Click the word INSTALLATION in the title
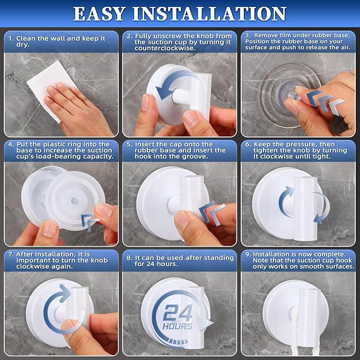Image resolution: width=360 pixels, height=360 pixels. coord(215,13)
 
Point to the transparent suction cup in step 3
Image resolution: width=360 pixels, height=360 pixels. coord(281,85)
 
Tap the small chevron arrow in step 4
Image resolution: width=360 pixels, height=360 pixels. coord(87,218)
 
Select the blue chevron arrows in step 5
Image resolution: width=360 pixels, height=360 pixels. coord(210,211)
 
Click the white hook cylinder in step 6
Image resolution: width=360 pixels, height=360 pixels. coord(306,199)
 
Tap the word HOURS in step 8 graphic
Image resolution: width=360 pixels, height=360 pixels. coord(178,326)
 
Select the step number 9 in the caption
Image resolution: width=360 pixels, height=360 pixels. coord(248,255)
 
